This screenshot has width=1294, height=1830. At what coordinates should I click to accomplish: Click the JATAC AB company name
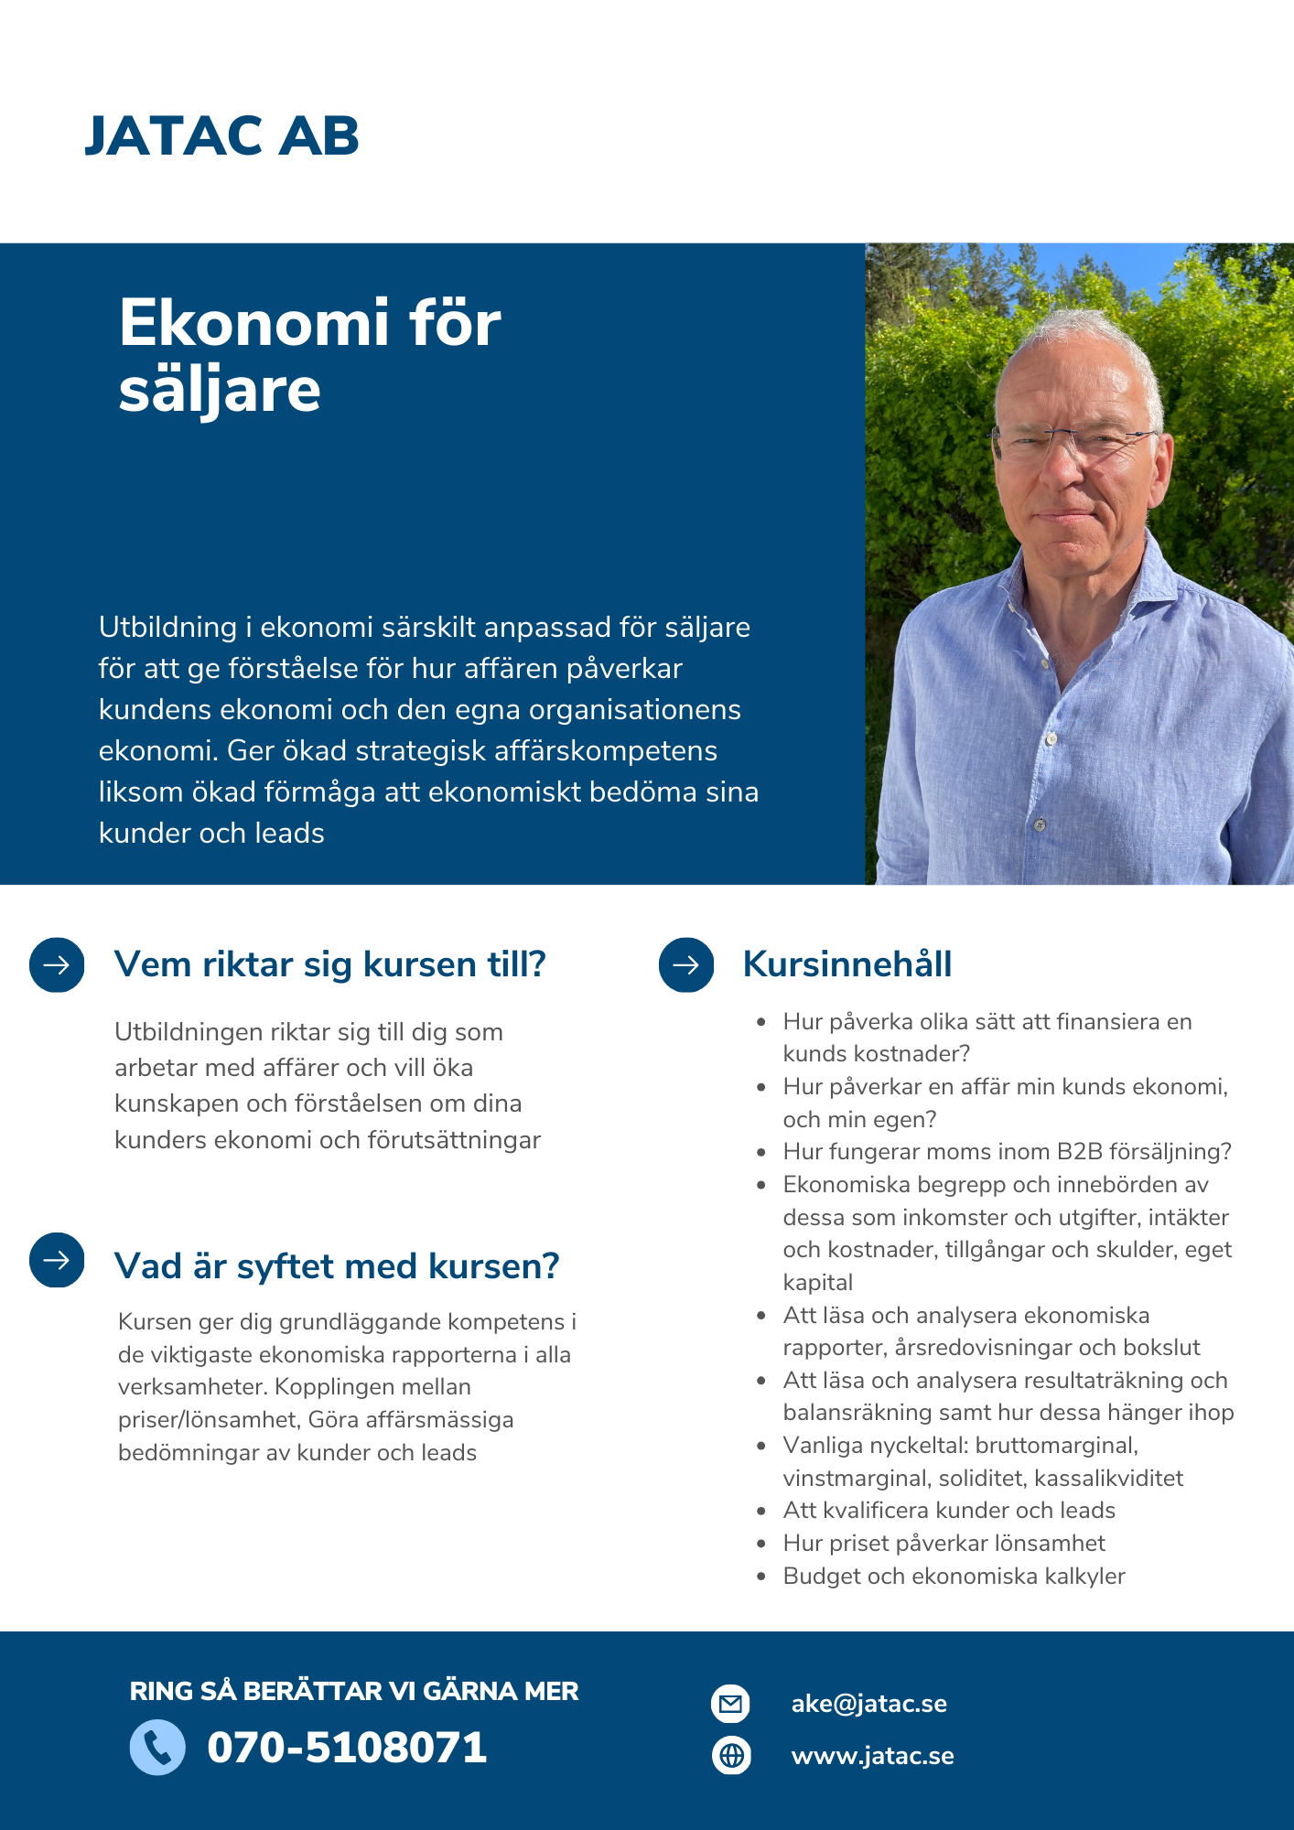pyautogui.click(x=221, y=136)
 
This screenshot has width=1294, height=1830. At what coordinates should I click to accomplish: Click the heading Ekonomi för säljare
pyautogui.click(x=309, y=356)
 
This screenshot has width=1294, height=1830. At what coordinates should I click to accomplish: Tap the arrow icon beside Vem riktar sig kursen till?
pyautogui.click(x=57, y=964)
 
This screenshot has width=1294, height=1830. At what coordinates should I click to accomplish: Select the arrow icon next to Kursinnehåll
pyautogui.click(x=686, y=964)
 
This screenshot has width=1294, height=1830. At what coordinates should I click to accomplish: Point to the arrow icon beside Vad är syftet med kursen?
pyautogui.click(x=57, y=1260)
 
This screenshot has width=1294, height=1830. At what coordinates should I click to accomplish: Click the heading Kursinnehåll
pyautogui.click(x=847, y=964)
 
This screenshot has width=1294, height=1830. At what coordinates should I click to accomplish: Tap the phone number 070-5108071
pyautogui.click(x=347, y=1748)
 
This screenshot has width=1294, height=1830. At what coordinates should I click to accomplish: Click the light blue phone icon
pyautogui.click(x=157, y=1748)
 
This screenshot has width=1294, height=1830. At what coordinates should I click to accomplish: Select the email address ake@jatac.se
pyautogui.click(x=868, y=1704)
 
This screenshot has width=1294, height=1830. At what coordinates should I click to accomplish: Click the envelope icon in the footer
pyautogui.click(x=730, y=1704)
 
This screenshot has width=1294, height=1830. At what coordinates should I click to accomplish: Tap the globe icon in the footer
pyautogui.click(x=731, y=1755)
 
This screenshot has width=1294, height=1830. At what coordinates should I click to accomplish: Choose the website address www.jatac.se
pyautogui.click(x=872, y=1756)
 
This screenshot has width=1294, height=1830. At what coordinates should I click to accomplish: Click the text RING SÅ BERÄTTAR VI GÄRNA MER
pyautogui.click(x=354, y=1691)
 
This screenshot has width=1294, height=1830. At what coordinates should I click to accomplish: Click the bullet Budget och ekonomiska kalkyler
pyautogui.click(x=954, y=1576)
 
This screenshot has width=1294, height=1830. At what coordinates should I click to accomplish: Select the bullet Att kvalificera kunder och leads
pyautogui.click(x=949, y=1510)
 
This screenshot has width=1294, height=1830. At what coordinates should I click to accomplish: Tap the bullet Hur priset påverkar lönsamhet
pyautogui.click(x=944, y=1543)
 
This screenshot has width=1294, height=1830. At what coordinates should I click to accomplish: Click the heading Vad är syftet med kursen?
pyautogui.click(x=336, y=1266)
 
